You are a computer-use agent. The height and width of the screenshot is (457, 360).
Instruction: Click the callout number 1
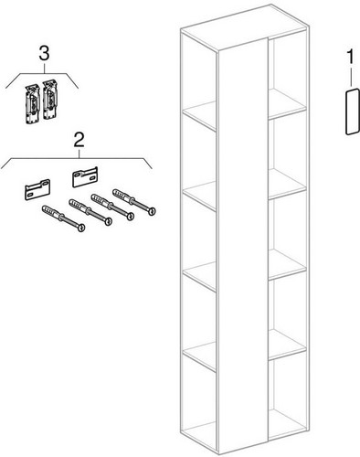(351, 58)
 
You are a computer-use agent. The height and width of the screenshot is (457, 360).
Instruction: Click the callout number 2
(79, 141)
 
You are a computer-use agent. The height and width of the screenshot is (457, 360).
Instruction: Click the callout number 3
(44, 54)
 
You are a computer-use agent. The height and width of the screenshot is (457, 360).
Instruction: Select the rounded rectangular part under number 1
(353, 112)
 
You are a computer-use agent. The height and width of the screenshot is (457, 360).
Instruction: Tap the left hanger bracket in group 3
(32, 104)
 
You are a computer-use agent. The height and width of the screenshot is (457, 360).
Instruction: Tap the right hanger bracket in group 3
(50, 100)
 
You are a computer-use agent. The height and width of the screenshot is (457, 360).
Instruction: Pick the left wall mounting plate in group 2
(37, 189)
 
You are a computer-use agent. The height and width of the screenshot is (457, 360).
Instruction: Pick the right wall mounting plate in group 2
(85, 176)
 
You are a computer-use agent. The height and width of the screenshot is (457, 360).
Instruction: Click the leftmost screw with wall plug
(63, 218)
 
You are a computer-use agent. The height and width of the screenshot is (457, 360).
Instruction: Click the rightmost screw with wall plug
(134, 202)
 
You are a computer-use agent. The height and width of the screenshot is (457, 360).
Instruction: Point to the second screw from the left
(90, 212)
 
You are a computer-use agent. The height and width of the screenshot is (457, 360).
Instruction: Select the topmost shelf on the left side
(199, 115)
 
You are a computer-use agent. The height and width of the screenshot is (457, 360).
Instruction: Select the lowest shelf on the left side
(199, 356)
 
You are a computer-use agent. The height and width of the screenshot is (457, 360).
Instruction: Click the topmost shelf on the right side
(287, 104)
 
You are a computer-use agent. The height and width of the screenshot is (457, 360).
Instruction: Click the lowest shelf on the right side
(287, 345)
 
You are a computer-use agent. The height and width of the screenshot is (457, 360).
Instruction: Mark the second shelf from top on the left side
(199, 196)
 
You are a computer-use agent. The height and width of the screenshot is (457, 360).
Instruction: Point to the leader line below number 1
(352, 78)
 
